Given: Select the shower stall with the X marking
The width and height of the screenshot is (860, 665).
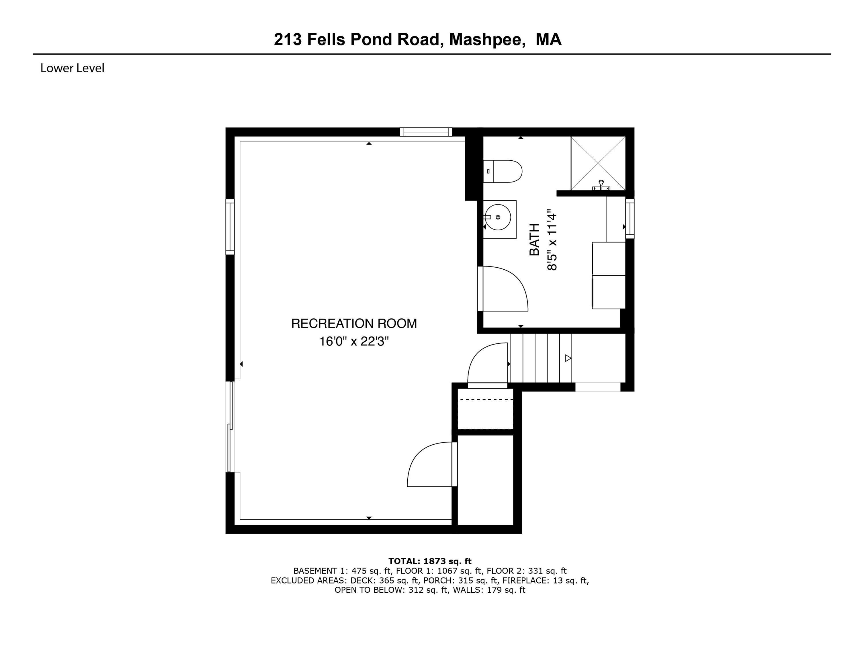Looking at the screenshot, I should click(x=598, y=163).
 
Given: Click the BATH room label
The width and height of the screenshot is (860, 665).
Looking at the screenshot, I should click(x=534, y=240).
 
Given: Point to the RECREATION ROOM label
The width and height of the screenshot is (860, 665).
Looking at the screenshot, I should click(x=354, y=323).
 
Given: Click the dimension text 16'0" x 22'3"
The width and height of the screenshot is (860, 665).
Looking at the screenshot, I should click(x=354, y=341).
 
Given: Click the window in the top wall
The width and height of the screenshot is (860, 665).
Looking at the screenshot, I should click(x=426, y=132).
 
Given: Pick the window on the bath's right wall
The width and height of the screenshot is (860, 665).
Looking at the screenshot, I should click(x=630, y=219).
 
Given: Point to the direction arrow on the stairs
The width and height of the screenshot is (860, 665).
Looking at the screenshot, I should click(x=568, y=358).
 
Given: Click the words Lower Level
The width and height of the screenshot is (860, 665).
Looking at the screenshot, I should click(x=72, y=68).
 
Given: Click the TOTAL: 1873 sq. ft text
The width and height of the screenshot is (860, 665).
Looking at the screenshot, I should click(x=430, y=561).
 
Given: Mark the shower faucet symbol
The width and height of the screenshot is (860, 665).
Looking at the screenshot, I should click(x=601, y=186).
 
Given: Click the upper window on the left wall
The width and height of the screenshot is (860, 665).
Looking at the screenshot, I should click(x=230, y=227).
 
